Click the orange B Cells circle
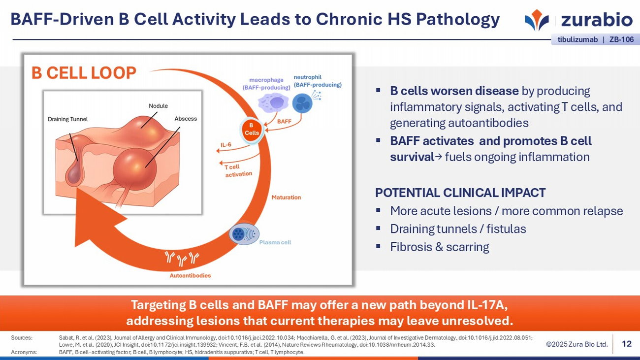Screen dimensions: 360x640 pos(252,130)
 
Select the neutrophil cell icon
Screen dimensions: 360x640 pos(302,103)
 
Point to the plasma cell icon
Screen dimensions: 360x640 pos(244,234)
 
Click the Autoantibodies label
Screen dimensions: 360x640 pos(190,275)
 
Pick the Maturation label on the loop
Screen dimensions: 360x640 pos(286,197)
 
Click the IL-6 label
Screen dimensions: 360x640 pos(226,145)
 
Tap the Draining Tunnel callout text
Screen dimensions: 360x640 pos(67,119)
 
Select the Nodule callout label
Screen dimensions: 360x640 pos(158,106)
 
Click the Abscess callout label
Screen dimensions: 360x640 pos(186,119)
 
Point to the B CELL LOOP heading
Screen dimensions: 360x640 pos(84,73)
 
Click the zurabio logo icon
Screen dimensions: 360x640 pos(537,20)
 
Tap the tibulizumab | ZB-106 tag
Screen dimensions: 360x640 pos(595,39)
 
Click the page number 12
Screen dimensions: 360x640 pos(626,344)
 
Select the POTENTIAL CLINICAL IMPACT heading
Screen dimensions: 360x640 pos(460,193)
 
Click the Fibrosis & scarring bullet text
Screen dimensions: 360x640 pos(439,247)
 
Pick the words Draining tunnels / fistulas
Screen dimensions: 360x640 pos(458,229)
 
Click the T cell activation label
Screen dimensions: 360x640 pos(238,170)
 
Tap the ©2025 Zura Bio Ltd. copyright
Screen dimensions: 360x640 pos(576,344)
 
